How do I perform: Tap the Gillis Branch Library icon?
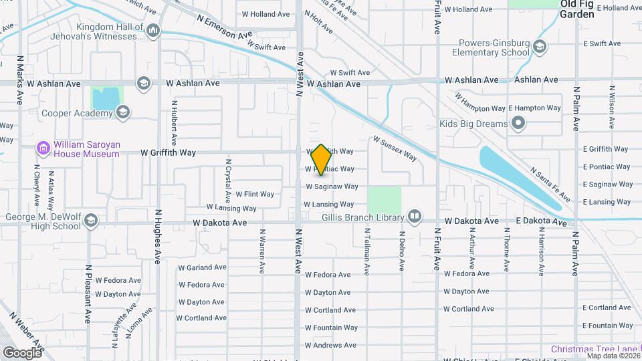tap(415, 217)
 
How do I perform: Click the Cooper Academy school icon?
tap(122, 113)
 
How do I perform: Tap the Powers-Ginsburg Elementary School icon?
tap(540, 47)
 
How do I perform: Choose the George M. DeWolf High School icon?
tap(91, 221)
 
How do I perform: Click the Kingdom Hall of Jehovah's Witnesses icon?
tap(154, 29)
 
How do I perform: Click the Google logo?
tap(22, 352)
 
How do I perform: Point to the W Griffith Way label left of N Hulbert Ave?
tap(168, 152)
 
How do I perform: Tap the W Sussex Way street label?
tap(395, 149)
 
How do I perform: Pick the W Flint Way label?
tap(254, 194)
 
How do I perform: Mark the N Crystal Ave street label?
tap(228, 180)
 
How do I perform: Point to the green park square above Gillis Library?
tap(384, 200)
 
